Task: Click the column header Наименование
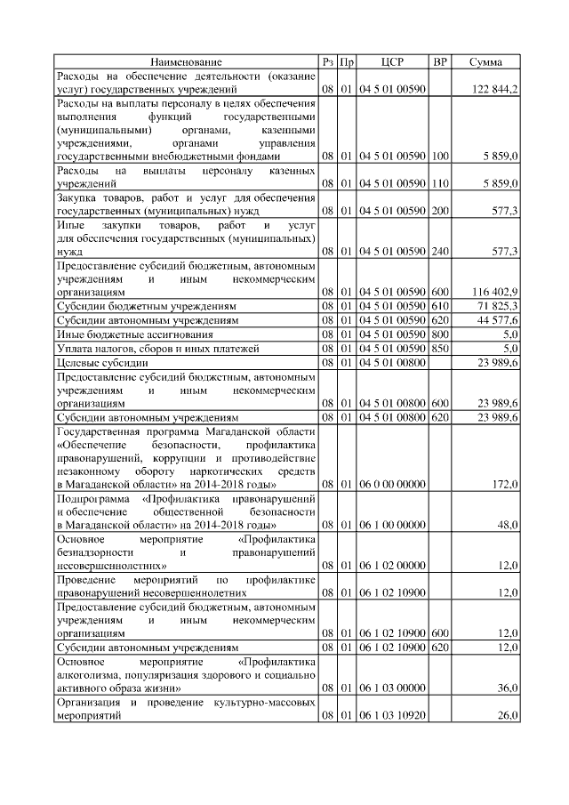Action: [x=186, y=62]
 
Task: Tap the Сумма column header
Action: [x=486, y=62]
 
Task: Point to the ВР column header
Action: [x=439, y=62]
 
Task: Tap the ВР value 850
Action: [x=439, y=348]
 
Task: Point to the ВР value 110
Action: [x=439, y=182]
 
